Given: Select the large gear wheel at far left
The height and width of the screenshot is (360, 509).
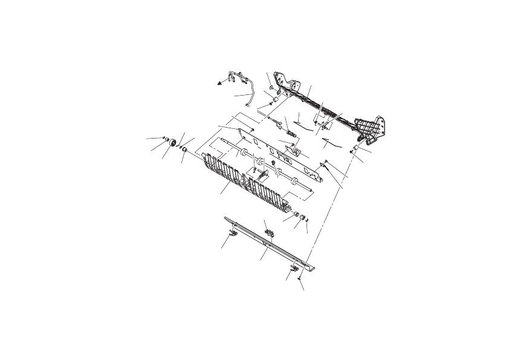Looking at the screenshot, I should point(173,143).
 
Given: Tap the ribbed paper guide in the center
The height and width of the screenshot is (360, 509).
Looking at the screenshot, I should point(242,179).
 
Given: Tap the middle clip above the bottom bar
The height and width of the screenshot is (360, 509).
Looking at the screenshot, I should point(270,232).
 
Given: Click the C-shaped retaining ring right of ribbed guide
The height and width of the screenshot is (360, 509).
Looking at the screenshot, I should point(306,220).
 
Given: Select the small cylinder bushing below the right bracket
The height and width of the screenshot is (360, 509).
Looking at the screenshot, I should point(357,148).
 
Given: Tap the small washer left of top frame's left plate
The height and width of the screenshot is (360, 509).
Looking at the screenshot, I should point(271,89).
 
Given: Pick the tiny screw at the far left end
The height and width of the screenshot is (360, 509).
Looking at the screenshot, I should point(165,139).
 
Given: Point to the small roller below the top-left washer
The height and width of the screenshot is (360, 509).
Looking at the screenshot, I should point(273,100).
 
